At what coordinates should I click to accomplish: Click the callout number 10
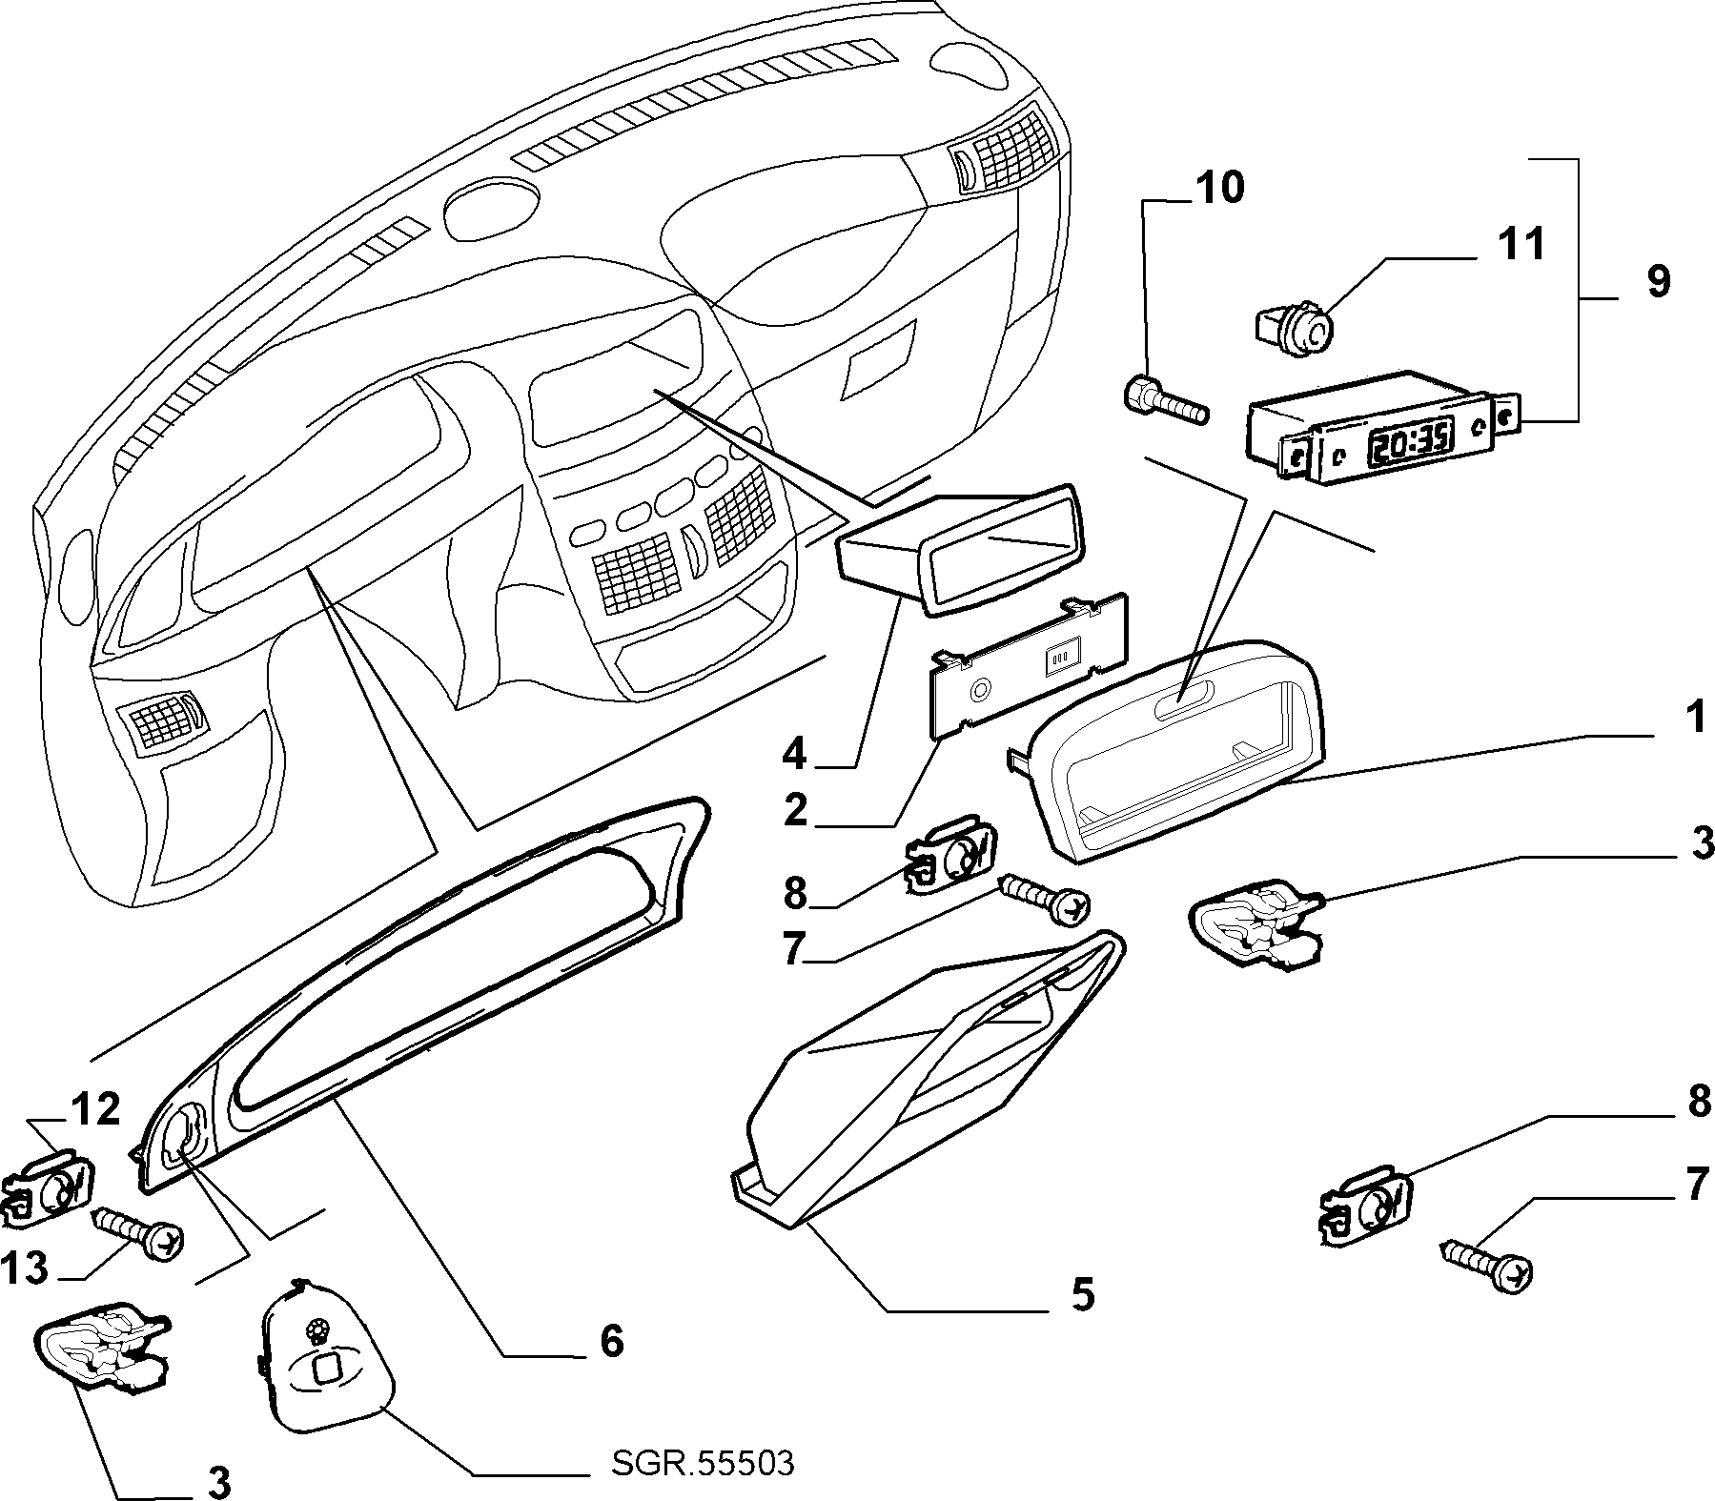[1218, 188]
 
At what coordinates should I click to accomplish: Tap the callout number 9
[1659, 282]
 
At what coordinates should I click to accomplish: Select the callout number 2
[795, 811]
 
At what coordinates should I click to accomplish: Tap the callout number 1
[1693, 719]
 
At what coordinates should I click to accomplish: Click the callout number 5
[1082, 1293]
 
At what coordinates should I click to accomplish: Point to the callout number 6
[611, 1341]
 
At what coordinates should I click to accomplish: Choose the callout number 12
[94, 1109]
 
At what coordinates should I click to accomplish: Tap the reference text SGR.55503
[702, 1463]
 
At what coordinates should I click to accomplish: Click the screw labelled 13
[137, 1230]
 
